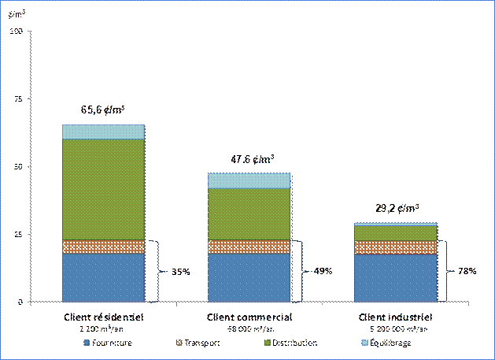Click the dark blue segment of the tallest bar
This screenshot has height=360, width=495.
point(103,276)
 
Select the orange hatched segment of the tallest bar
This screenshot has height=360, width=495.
point(103,247)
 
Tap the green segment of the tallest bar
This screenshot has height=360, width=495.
point(103,189)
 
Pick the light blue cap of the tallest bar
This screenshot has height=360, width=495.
point(103,132)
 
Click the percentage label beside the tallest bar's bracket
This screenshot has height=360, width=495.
point(179,272)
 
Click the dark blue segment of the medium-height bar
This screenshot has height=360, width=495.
point(249,276)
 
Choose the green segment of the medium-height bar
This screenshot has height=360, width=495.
point(249,213)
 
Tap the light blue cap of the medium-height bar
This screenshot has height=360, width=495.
point(249,180)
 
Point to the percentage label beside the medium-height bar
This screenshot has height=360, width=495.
point(324,272)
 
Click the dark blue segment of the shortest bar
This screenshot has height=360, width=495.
point(395,277)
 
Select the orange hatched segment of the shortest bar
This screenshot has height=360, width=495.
point(395,247)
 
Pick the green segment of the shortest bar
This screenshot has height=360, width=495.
point(395,233)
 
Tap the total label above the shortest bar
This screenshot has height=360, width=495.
point(396,209)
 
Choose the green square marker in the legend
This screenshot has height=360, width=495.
point(268,344)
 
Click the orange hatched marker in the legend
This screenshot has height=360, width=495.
point(178,344)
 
